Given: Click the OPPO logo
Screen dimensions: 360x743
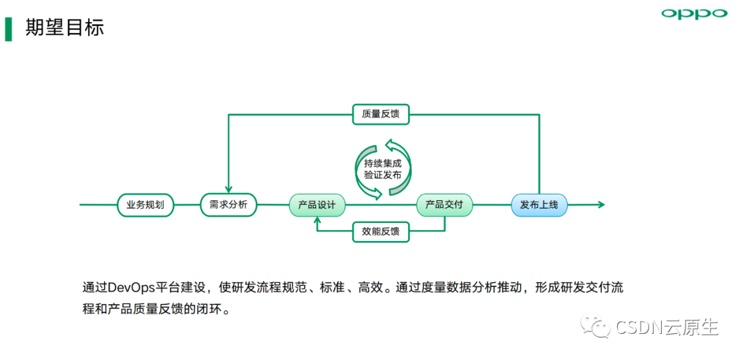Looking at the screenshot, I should pyautogui.click(x=693, y=14).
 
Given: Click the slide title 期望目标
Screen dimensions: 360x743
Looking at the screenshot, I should pyautogui.click(x=65, y=28).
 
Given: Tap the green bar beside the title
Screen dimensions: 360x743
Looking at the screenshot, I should pyautogui.click(x=8, y=28).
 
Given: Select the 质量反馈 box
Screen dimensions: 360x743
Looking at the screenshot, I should pyautogui.click(x=380, y=114).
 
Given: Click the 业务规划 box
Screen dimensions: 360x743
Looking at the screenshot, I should pyautogui.click(x=145, y=204).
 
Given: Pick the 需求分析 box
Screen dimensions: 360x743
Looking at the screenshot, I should pyautogui.click(x=228, y=204).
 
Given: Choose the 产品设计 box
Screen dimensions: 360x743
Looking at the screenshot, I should pyautogui.click(x=316, y=205).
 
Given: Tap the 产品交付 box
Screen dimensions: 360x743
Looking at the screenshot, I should pyautogui.click(x=444, y=204).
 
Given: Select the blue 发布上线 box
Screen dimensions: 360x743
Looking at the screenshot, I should pyautogui.click(x=539, y=204).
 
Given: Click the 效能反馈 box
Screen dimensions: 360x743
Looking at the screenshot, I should pyautogui.click(x=380, y=231).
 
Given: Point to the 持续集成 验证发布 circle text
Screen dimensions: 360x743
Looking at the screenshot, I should pyautogui.click(x=383, y=169).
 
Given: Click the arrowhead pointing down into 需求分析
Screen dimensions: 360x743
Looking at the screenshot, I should pyautogui.click(x=228, y=189).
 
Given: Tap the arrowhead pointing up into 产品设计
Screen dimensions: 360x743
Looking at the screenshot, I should pyautogui.click(x=317, y=220).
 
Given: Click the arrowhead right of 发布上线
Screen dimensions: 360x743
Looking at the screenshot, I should pyautogui.click(x=601, y=204).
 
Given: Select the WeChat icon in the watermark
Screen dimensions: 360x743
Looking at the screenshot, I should pyautogui.click(x=596, y=326).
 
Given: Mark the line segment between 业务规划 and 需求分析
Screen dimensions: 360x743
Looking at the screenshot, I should pyautogui.click(x=186, y=204).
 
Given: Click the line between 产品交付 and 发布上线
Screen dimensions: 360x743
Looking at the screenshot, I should pyautogui.click(x=492, y=204).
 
